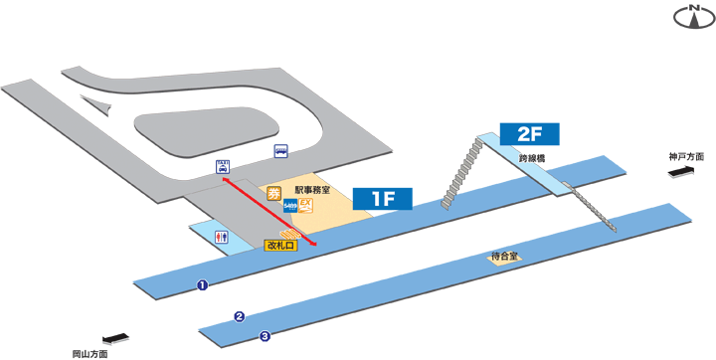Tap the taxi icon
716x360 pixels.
pos(222,167)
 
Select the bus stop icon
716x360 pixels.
pos(282,151)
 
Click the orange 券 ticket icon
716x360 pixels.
pos(274,192)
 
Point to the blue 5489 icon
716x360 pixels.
pos(290,206)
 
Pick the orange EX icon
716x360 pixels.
pos(306,206)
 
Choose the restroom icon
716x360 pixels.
pos(222,237)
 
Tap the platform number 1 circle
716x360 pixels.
pos(202,286)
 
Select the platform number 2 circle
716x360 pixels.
pos(239,317)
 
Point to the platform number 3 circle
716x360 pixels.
pos(265,336)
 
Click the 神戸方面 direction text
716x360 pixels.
pos(686,157)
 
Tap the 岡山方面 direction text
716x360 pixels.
pos(90,352)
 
